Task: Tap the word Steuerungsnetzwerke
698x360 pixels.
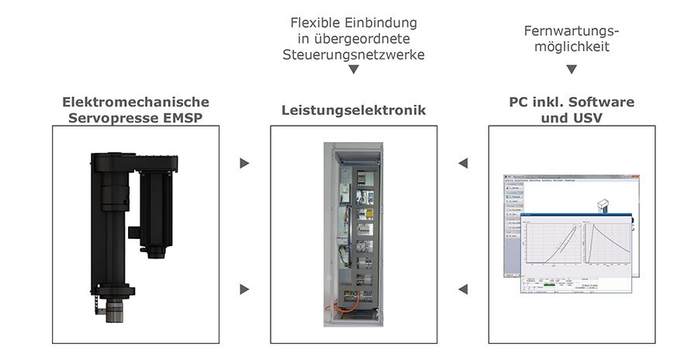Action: [x=354, y=55]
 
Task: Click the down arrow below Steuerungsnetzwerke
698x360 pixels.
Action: [x=354, y=70]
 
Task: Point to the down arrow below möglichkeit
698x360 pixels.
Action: [x=572, y=69]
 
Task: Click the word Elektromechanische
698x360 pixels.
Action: [x=136, y=102]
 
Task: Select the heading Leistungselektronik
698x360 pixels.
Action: [x=354, y=110]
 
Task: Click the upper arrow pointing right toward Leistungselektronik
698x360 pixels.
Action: [x=244, y=164]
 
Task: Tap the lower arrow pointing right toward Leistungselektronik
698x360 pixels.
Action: [x=244, y=289]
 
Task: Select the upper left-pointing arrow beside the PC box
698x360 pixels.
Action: [x=463, y=164]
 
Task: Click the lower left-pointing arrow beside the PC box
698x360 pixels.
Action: [x=463, y=289]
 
